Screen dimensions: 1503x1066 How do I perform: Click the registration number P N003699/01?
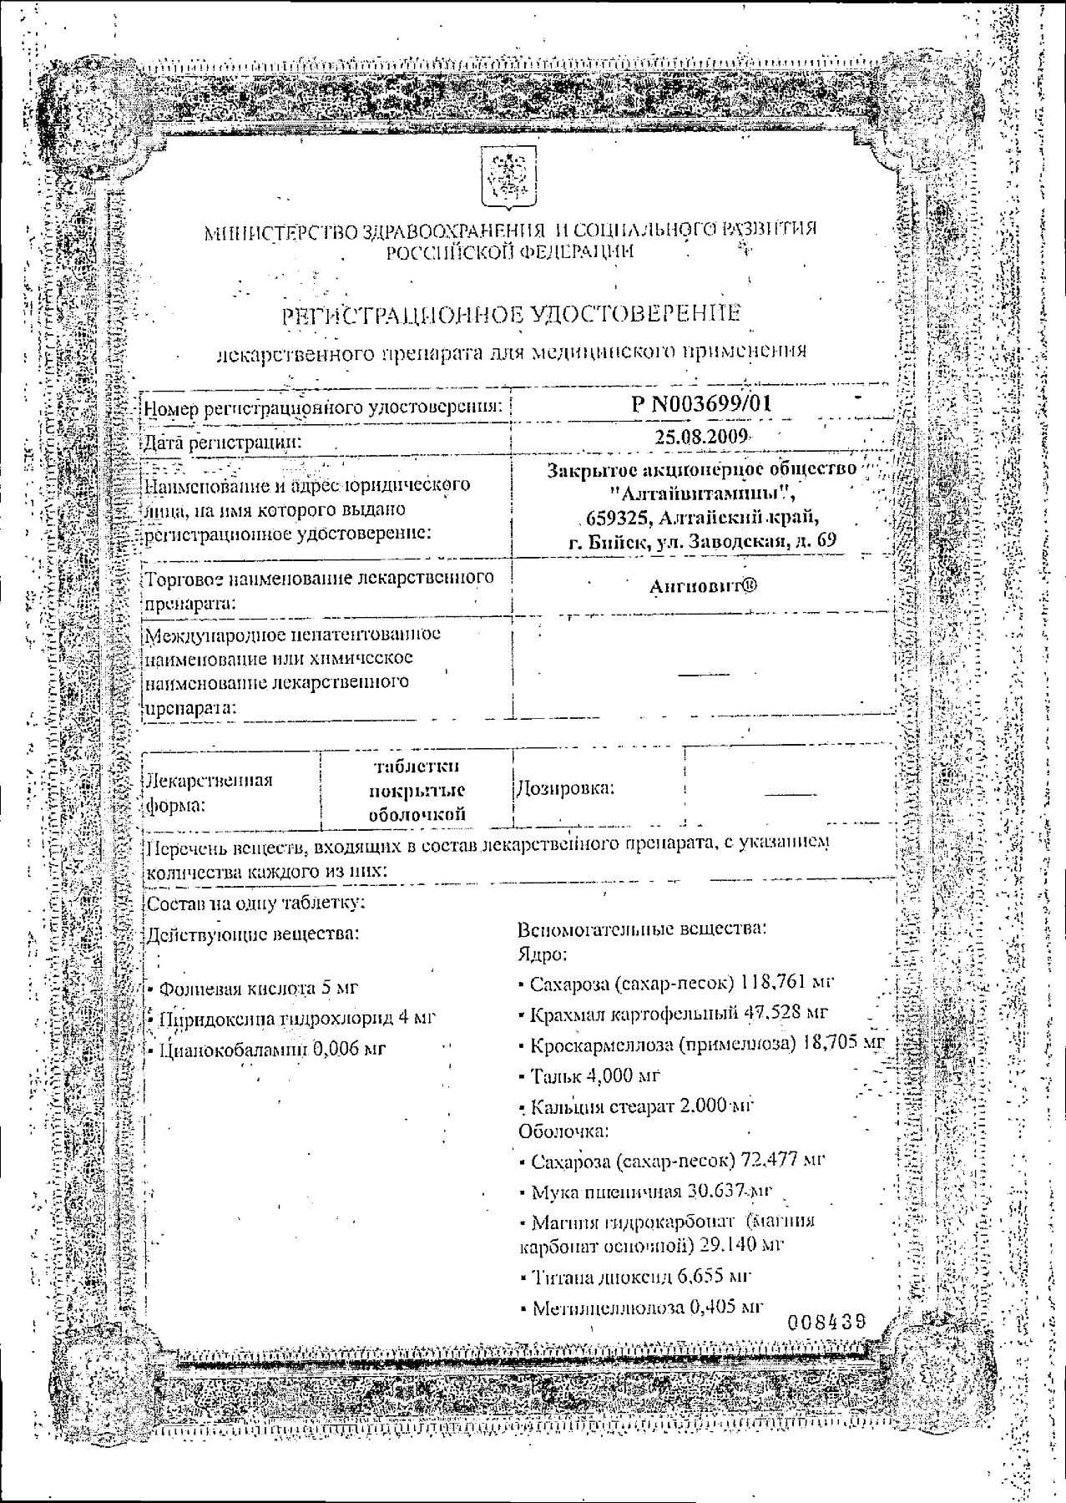coord(701,404)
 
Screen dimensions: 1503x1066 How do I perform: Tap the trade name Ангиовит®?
coord(703,586)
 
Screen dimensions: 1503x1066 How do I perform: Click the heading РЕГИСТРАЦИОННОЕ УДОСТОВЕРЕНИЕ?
coord(512,314)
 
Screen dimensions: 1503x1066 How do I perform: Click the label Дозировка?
coord(566,787)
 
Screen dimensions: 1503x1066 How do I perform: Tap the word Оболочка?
coord(563,1131)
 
